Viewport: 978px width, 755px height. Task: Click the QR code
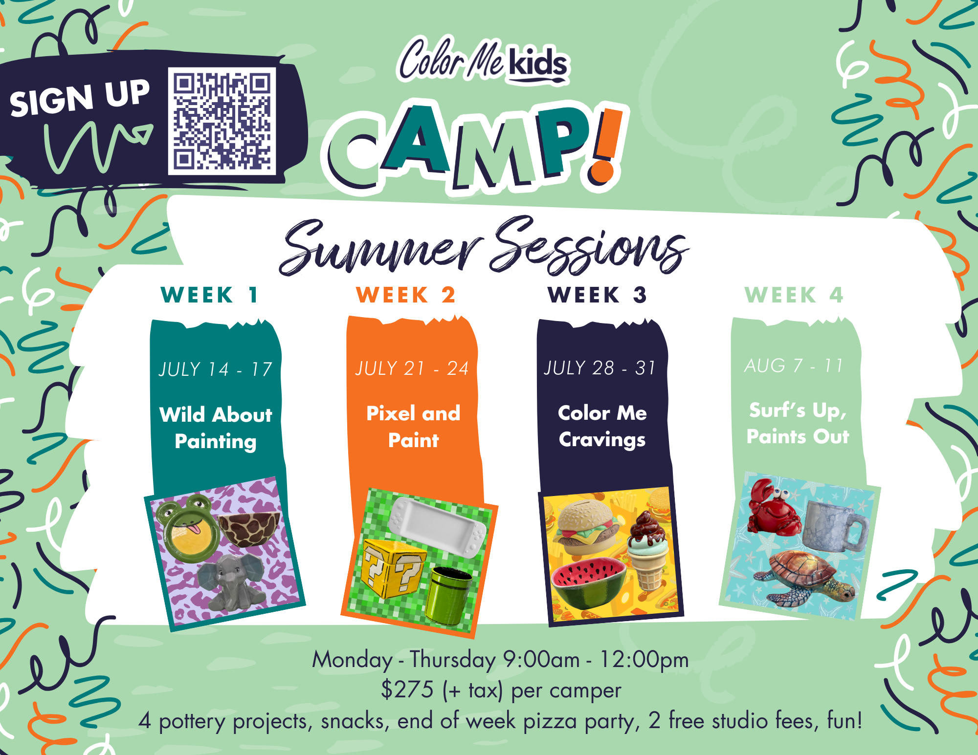(x=222, y=121)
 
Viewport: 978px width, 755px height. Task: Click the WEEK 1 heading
(x=209, y=295)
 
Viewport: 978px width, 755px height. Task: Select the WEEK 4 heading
(x=794, y=295)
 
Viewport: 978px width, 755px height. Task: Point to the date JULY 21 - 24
(x=412, y=368)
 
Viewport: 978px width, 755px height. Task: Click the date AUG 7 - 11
(x=794, y=366)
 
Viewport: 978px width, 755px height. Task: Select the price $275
(x=407, y=690)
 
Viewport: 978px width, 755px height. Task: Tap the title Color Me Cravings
(x=602, y=426)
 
